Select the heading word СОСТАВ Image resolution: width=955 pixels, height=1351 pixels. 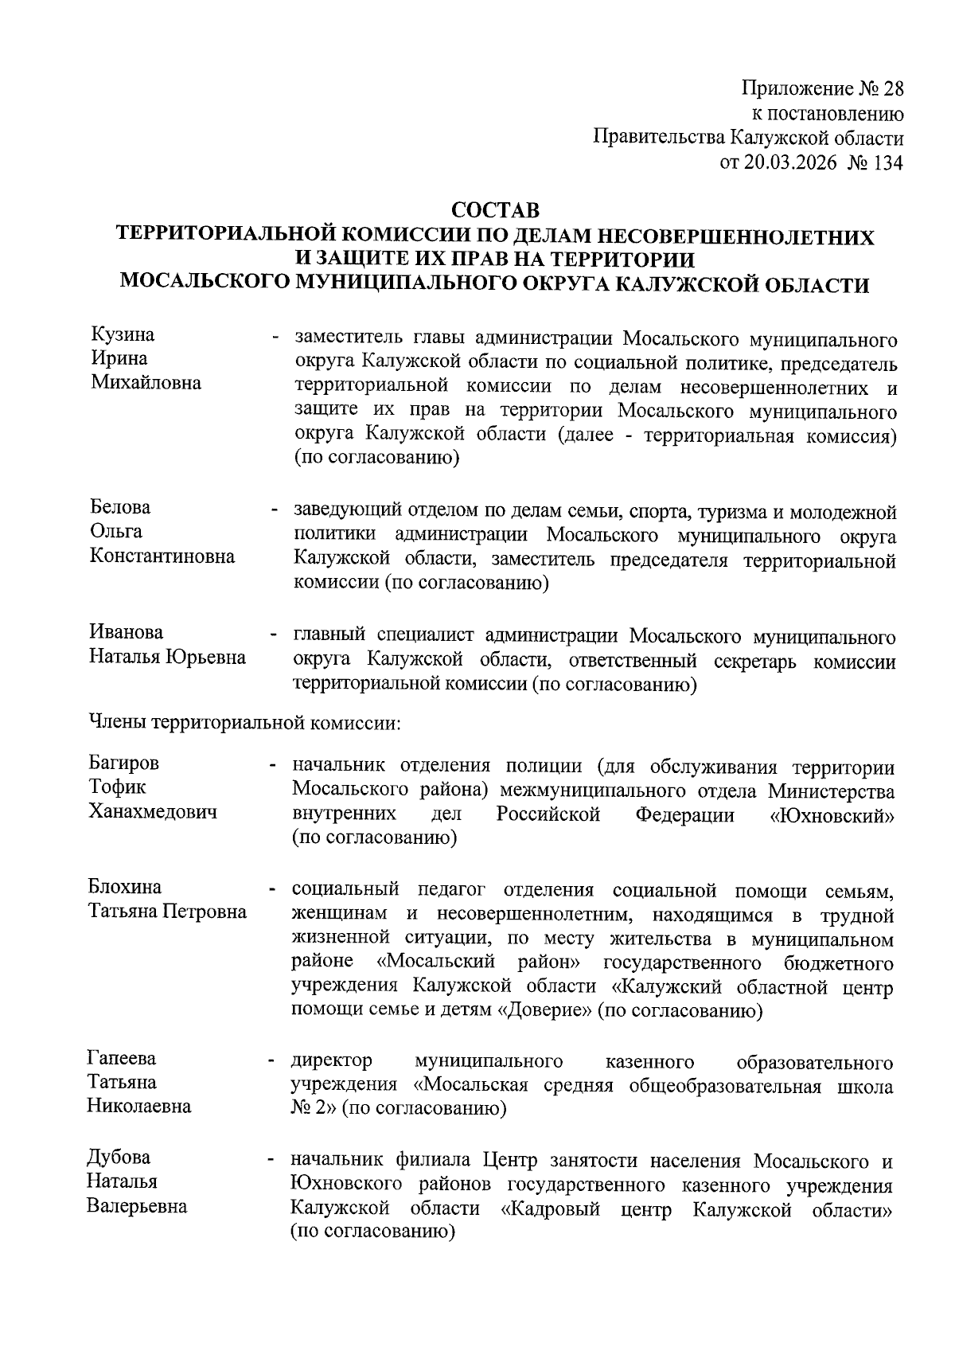click(495, 211)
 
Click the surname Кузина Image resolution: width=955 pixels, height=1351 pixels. click(123, 334)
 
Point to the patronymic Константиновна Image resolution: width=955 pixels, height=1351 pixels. click(162, 556)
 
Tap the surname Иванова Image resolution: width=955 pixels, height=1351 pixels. click(126, 632)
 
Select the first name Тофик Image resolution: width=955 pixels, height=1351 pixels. click(117, 787)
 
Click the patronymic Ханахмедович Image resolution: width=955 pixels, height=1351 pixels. click(153, 812)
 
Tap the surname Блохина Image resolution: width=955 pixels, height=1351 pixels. click(124, 887)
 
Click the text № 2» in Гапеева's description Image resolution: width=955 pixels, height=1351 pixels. click(314, 1108)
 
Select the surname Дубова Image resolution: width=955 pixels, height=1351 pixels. click(119, 1157)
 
